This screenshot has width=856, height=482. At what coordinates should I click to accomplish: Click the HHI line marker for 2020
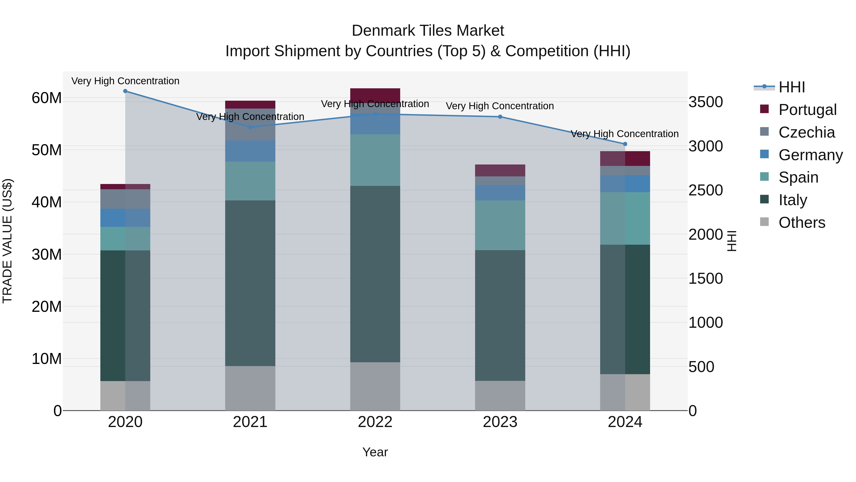[x=125, y=91]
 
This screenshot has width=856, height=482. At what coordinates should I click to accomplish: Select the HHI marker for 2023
[x=500, y=117]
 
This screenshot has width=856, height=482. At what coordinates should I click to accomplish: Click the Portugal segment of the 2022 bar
[x=375, y=94]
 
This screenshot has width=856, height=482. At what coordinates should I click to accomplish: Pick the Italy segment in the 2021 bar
[x=250, y=283]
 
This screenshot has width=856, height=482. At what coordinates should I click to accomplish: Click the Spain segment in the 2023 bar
[x=500, y=225]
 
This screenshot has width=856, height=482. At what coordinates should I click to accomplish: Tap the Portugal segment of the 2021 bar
[x=250, y=104]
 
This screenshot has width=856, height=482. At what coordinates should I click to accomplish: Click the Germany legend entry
[x=810, y=155]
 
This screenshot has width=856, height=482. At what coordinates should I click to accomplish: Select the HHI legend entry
[x=792, y=87]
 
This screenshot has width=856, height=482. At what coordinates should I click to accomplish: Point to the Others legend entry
[x=802, y=223]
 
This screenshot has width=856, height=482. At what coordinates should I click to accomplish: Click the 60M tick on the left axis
[x=47, y=98]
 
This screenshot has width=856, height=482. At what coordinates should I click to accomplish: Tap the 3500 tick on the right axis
[x=705, y=102]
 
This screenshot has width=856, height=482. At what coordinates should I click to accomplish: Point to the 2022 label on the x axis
[x=375, y=422]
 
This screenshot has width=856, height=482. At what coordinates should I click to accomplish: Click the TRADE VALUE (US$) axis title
[x=8, y=241]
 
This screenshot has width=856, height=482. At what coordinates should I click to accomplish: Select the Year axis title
[x=375, y=452]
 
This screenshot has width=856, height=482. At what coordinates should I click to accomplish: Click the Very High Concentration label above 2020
[x=125, y=81]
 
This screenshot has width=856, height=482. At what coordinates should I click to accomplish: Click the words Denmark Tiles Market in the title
[x=428, y=31]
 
